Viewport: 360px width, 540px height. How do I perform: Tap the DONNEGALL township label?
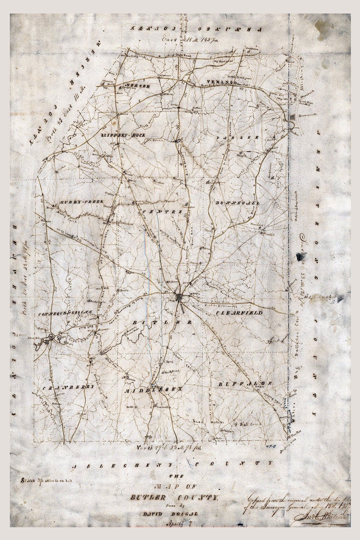(x=237, y=203)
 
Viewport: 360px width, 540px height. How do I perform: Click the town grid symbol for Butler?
(x=179, y=298)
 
